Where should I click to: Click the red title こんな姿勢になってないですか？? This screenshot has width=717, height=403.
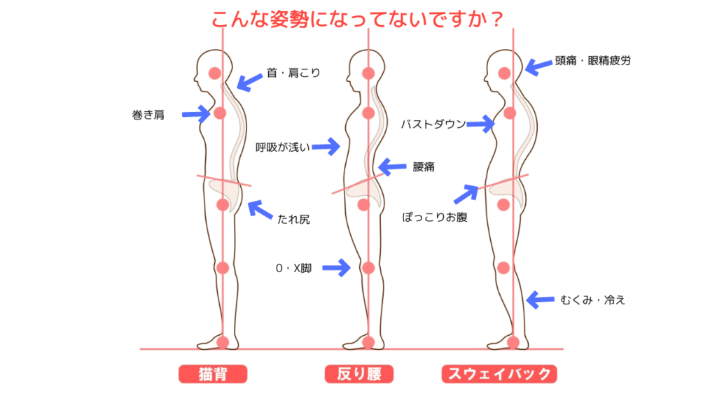(358, 20)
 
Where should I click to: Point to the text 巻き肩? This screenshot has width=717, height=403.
(148, 115)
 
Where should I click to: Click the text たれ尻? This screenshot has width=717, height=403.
(294, 220)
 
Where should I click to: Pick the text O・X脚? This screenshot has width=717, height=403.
(293, 267)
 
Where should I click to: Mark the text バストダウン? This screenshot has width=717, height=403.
(433, 125)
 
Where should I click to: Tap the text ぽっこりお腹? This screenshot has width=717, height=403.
(435, 217)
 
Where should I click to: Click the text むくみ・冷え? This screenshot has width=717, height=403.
(592, 300)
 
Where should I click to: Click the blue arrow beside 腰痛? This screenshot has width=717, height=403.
(392, 167)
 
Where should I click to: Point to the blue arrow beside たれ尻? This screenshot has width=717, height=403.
(260, 211)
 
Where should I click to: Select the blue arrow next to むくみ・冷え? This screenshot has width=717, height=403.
(541, 300)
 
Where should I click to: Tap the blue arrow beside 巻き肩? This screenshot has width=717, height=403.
(195, 113)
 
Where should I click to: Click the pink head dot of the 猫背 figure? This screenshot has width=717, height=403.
(214, 73)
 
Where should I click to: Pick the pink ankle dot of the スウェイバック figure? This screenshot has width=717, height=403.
(513, 342)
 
